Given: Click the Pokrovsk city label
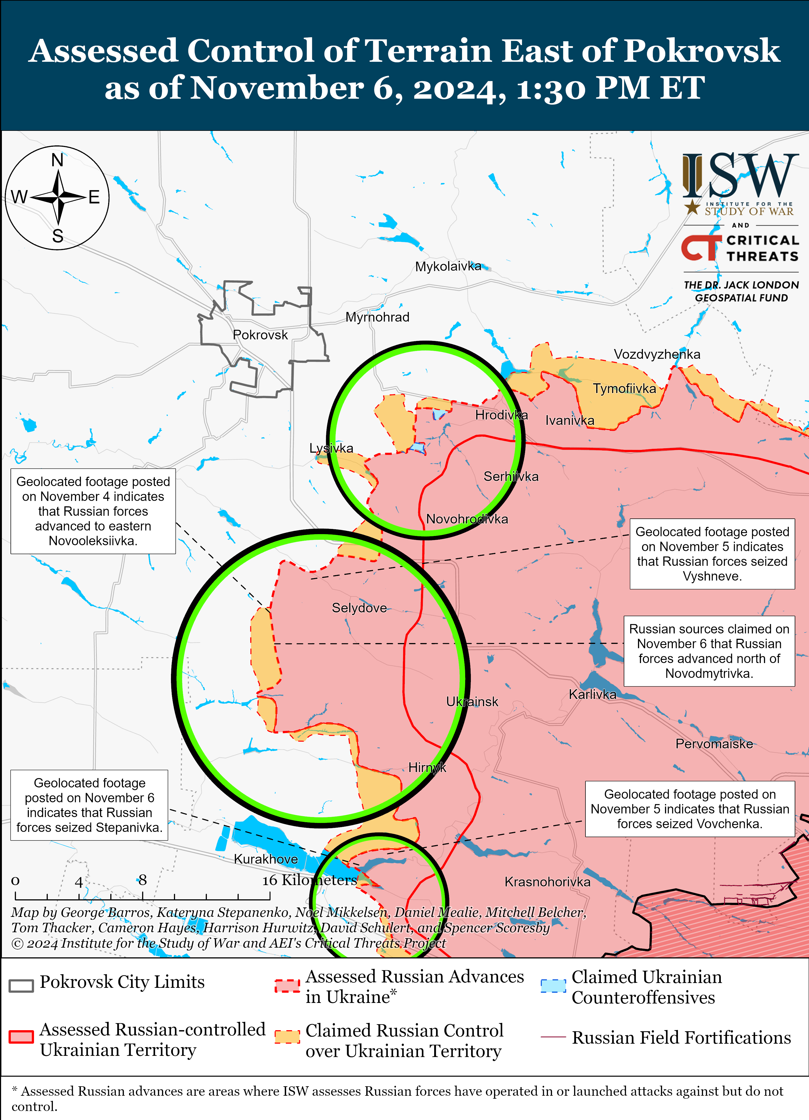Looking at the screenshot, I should point(260,335).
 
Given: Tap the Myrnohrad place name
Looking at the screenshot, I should point(377,317).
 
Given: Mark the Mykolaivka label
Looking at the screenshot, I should point(448,267).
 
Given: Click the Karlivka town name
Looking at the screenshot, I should point(592,694).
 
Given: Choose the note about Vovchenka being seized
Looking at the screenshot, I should point(690,809).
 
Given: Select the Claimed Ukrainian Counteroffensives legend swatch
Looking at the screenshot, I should point(553,986).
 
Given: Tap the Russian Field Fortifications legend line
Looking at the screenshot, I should point(553,1037).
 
